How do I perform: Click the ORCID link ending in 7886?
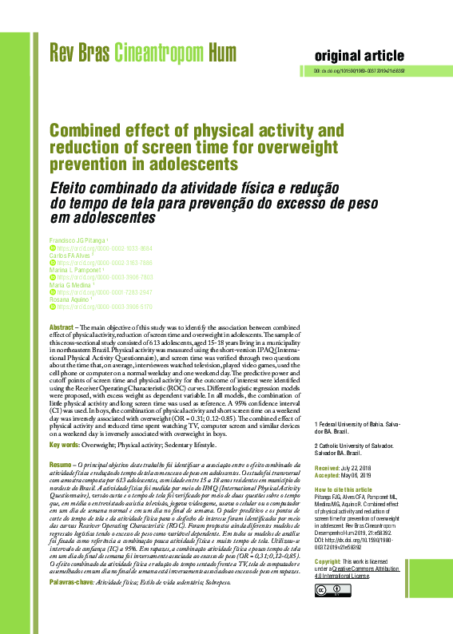pyautogui.click(x=89, y=262)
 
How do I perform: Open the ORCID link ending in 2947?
pyautogui.click(x=89, y=291)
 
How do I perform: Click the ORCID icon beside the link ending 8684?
pyautogui.click(x=53, y=248)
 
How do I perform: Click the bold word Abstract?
pyautogui.click(x=62, y=328)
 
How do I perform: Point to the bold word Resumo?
pyautogui.click(x=61, y=464)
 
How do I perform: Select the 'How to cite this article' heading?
pyautogui.click(x=344, y=489)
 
